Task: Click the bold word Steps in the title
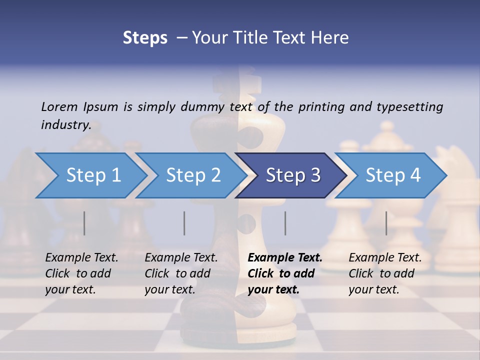pyautogui.click(x=145, y=38)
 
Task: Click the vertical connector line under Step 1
pyautogui.click(x=84, y=223)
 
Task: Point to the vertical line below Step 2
pyautogui.click(x=184, y=223)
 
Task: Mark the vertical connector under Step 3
pyautogui.click(x=285, y=223)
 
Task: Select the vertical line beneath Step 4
pyautogui.click(x=386, y=223)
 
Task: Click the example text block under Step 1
pyautogui.click(x=82, y=273)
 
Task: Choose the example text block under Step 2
pyautogui.click(x=181, y=273)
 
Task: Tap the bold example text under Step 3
pyautogui.click(x=285, y=273)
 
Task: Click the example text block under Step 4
pyautogui.click(x=385, y=273)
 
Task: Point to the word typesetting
pyautogui.click(x=409, y=107)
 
